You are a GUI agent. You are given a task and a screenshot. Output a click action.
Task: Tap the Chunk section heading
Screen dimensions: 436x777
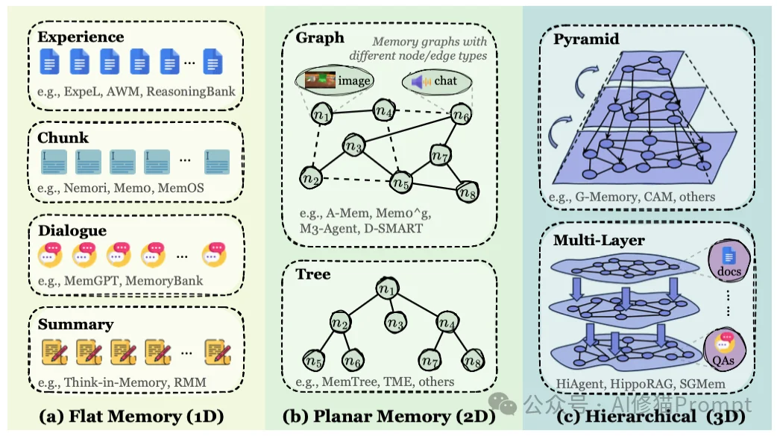pos(63,137)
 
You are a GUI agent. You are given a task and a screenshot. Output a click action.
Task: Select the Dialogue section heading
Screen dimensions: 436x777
pos(72,230)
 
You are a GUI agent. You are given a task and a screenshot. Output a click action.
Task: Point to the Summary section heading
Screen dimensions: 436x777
pos(75,323)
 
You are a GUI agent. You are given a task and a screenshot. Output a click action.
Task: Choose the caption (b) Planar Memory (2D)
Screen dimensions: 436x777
pos(388,415)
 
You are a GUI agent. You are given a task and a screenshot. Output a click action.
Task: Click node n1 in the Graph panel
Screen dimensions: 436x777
pos(321,115)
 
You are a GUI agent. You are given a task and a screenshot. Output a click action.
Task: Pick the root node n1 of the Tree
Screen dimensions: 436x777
pos(386,288)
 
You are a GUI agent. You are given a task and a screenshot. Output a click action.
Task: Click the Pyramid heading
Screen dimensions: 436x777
pos(586,39)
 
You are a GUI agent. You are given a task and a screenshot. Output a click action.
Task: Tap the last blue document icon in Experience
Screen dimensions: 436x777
pos(215,63)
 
